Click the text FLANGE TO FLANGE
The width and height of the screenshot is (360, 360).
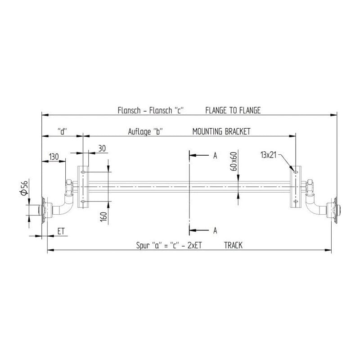pyautogui.click(x=233, y=110)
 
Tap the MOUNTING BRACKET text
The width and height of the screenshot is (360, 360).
pyautogui.click(x=221, y=131)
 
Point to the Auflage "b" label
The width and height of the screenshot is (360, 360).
pyautogui.click(x=145, y=131)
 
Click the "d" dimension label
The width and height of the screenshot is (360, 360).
pyautogui.click(x=63, y=131)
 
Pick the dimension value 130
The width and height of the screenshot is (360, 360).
pyautogui.click(x=54, y=157)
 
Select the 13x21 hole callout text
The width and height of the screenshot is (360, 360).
pyautogui.click(x=268, y=155)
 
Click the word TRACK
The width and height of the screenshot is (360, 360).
pyautogui.click(x=233, y=245)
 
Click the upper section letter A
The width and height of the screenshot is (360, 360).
pyautogui.click(x=215, y=156)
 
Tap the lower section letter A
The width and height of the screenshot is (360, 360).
pyautogui.click(x=215, y=230)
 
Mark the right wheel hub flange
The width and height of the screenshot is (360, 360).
pyautogui.click(x=336, y=210)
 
